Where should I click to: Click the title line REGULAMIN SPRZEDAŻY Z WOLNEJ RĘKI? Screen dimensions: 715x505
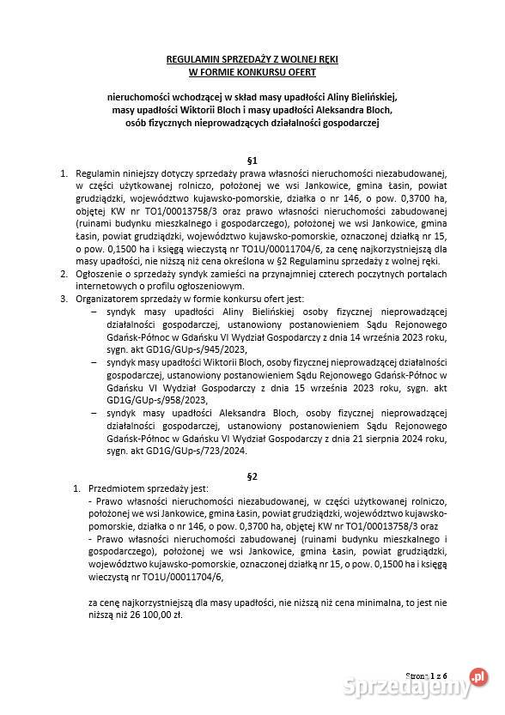252,58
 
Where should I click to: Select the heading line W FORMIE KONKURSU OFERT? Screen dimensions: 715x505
252,71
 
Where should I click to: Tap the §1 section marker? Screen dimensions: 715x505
252,160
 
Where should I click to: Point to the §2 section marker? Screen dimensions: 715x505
252,475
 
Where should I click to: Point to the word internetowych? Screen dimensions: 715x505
106,288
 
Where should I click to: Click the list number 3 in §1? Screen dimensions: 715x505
63,300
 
